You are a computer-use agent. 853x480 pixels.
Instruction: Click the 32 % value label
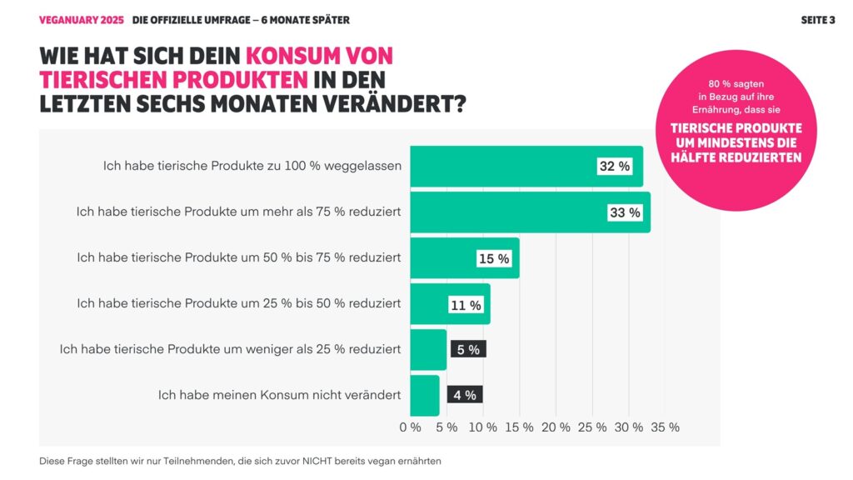(615, 167)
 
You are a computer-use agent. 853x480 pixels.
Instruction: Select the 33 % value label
(625, 212)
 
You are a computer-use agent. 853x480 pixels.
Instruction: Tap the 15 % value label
(493, 259)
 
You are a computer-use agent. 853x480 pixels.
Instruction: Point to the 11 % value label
(466, 305)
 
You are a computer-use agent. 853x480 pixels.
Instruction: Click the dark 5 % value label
(468, 350)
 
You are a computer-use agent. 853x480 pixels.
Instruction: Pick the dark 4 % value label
(465, 395)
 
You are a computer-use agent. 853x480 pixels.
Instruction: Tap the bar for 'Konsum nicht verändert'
(424, 395)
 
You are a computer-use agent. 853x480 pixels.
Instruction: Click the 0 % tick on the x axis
(410, 427)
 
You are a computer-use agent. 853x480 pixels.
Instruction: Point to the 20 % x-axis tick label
(556, 427)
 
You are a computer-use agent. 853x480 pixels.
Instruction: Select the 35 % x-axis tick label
(665, 427)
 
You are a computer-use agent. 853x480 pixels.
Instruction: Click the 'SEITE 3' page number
(818, 20)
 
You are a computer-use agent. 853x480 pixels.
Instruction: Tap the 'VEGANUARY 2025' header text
(82, 20)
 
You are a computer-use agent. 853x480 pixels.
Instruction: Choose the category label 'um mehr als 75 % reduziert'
(238, 212)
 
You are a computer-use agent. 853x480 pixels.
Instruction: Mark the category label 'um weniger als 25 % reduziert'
(230, 349)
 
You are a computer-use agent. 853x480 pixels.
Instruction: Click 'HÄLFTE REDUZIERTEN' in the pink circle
(736, 157)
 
